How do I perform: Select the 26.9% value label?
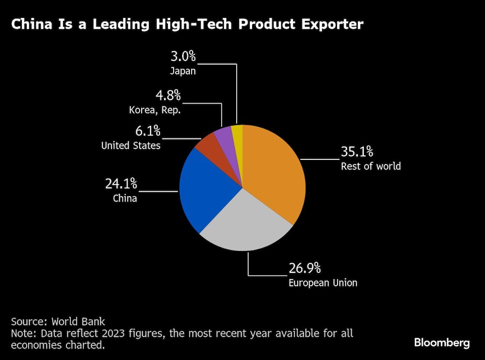[x=305, y=268]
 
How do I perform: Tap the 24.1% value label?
[x=121, y=184]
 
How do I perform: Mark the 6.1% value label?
[x=146, y=131]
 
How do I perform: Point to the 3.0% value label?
[x=183, y=56]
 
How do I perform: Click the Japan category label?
[x=183, y=71]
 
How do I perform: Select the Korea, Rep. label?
[x=155, y=110]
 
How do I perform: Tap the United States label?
[x=130, y=145]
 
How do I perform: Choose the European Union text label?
[x=323, y=282]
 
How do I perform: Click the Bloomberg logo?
[x=442, y=343]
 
